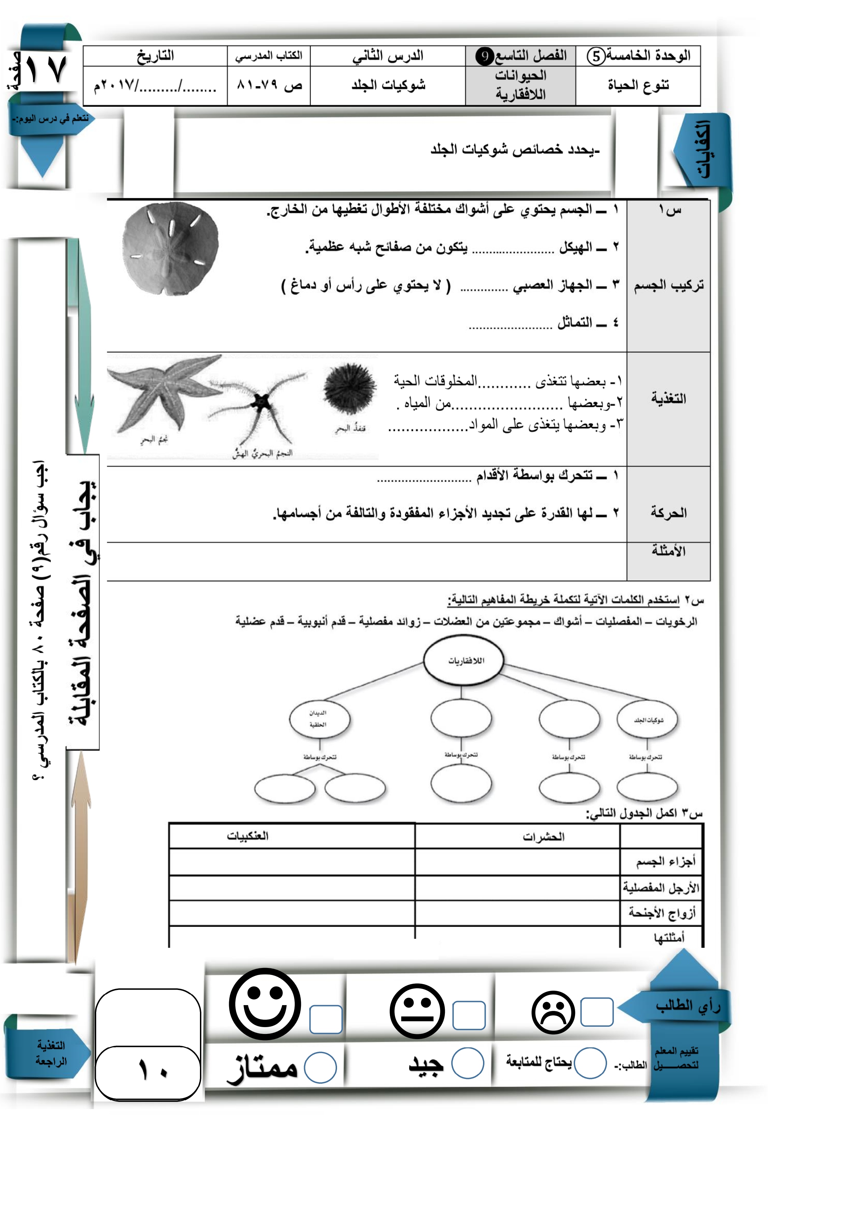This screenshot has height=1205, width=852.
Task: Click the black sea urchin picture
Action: click(x=350, y=391)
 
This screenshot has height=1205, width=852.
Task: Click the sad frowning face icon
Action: click(x=553, y=1012)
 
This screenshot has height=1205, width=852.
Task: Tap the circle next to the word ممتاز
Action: click(x=320, y=1067)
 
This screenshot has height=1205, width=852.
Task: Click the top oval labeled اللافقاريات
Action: click(x=463, y=660)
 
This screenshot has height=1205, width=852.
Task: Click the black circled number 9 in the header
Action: click(x=484, y=56)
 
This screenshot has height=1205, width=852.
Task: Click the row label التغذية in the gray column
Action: click(x=668, y=399)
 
